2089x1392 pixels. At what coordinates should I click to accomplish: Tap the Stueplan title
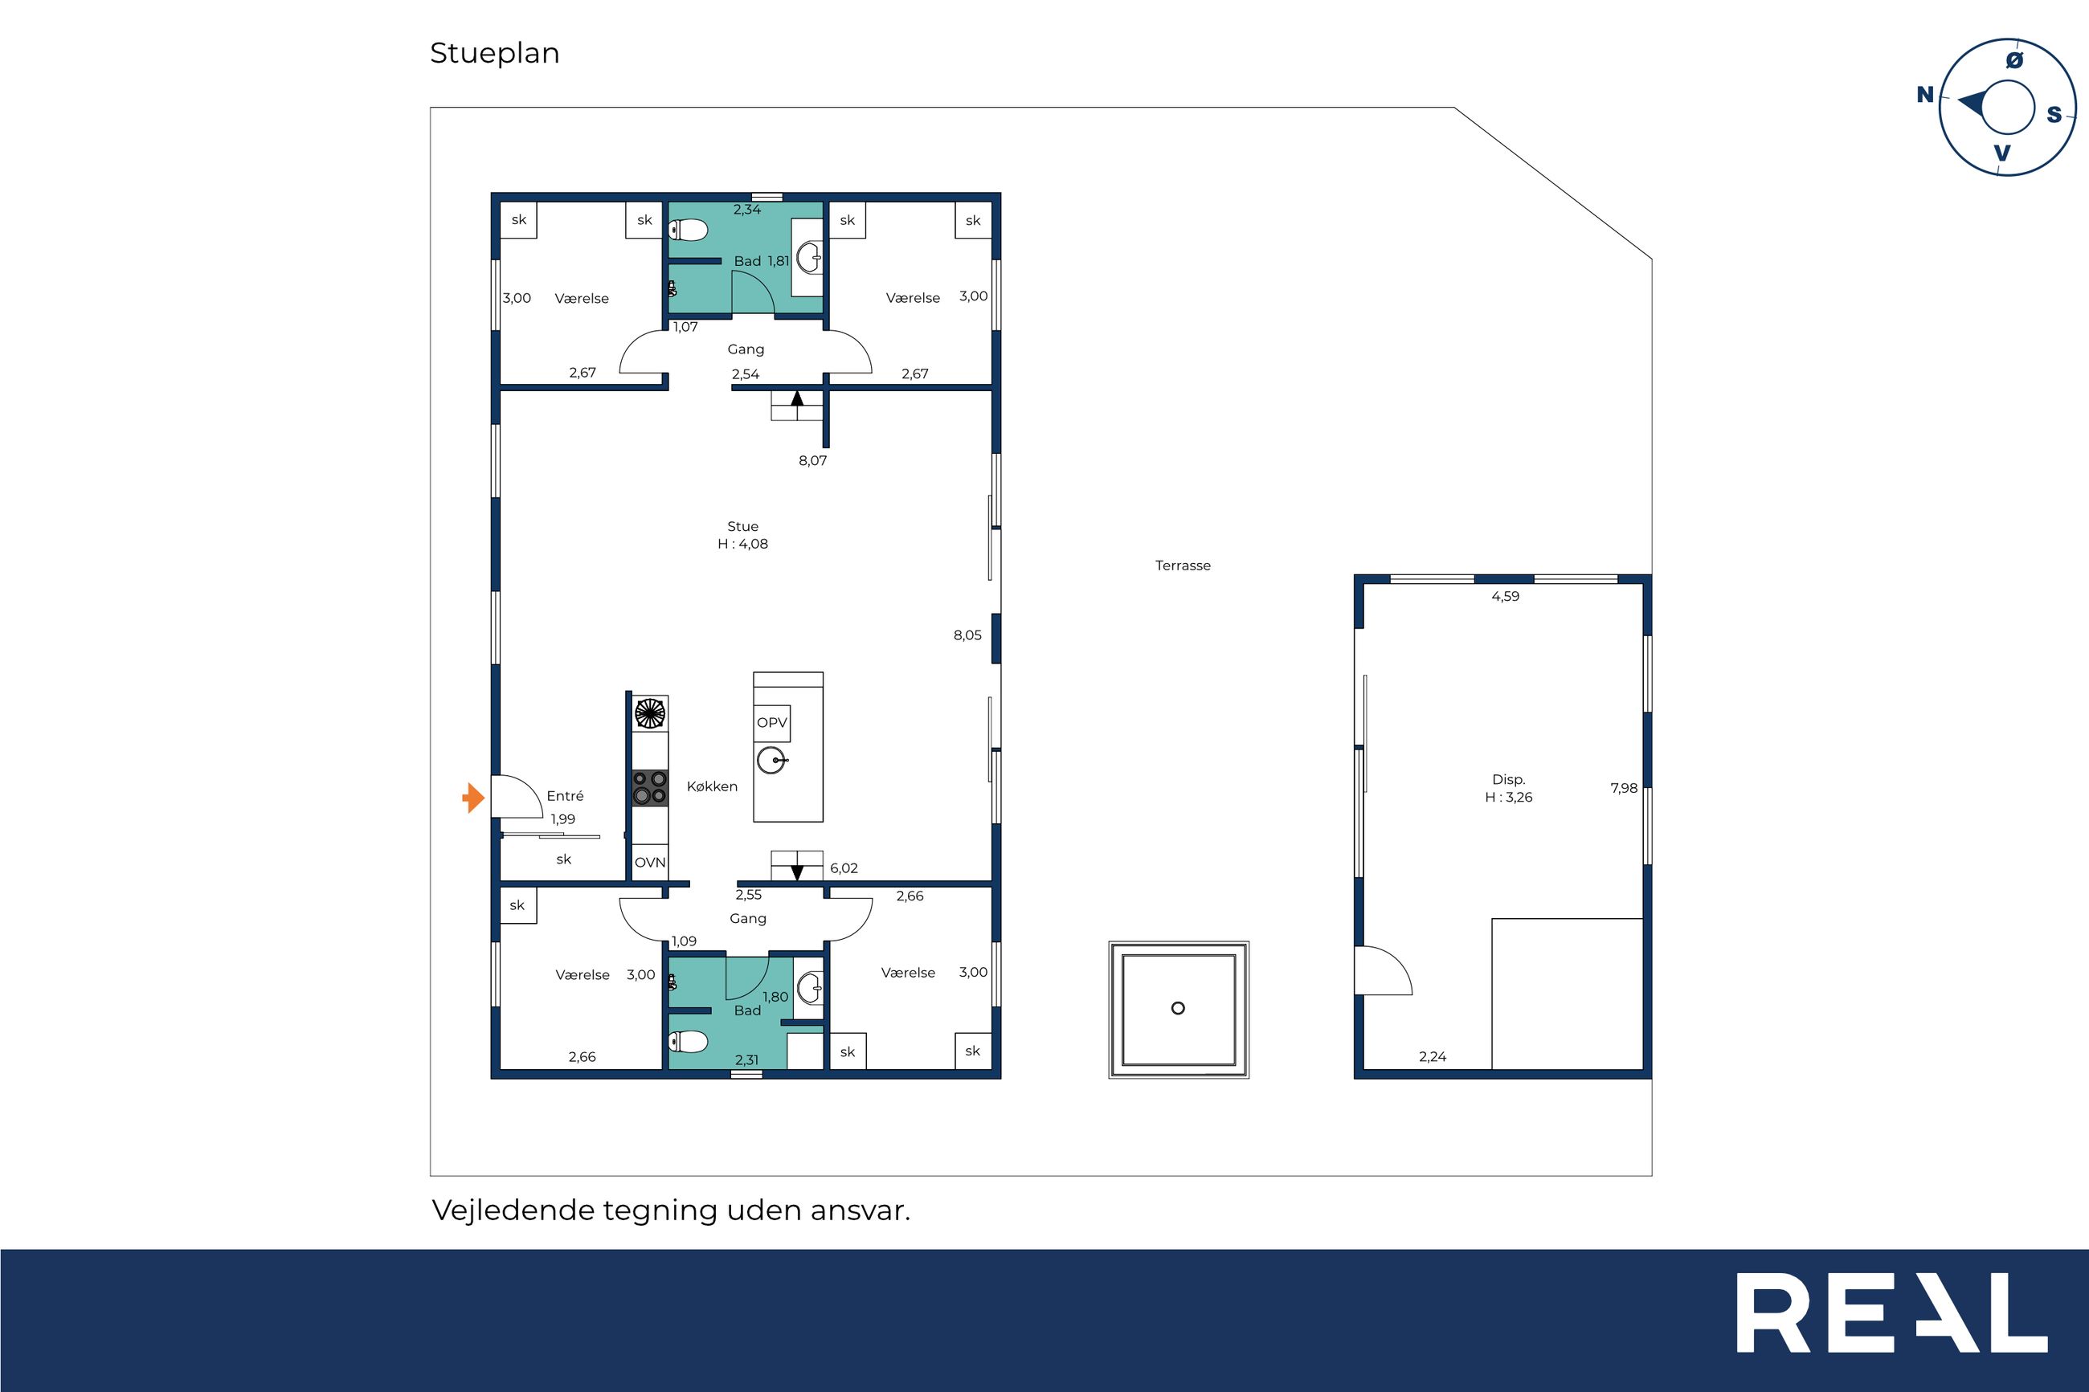pos(494,53)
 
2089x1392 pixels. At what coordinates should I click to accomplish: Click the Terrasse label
pos(1183,565)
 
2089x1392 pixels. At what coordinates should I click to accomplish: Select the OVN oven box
pos(650,862)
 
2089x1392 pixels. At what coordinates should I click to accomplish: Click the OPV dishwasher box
pos(771,723)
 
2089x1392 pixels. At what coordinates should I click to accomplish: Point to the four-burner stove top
pos(650,787)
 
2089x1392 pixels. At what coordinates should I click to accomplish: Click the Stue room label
pos(743,526)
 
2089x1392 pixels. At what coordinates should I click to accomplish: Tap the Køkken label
pos(712,786)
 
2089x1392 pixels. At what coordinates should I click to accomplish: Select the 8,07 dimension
pos(812,461)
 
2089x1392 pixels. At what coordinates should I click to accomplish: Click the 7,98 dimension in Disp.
pos(1624,788)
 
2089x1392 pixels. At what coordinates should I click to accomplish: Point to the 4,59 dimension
pos(1505,597)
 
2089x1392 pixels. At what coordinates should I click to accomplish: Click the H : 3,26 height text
pos(1508,797)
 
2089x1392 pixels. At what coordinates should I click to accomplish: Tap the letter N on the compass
pos(1925,95)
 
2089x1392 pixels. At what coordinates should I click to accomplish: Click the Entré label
pos(565,796)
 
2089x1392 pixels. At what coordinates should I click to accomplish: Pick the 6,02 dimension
pos(844,868)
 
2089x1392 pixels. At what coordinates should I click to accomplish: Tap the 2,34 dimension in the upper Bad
pos(746,210)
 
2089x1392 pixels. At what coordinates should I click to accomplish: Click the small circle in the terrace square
pos(1178,1007)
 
